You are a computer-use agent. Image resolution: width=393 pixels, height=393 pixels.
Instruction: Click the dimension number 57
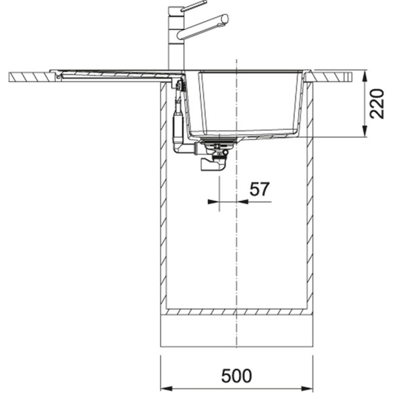259,189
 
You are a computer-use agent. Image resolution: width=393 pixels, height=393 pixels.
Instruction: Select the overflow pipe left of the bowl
177,124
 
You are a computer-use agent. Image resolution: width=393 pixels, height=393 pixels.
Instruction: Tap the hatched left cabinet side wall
163,196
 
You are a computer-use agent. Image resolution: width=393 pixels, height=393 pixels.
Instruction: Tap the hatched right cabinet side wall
310,196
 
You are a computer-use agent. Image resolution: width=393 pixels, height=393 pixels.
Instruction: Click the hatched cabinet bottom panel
236,312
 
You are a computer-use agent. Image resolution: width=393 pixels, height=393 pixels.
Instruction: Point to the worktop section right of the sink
334,77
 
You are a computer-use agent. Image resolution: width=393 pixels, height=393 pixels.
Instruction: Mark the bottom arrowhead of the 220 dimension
364,133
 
